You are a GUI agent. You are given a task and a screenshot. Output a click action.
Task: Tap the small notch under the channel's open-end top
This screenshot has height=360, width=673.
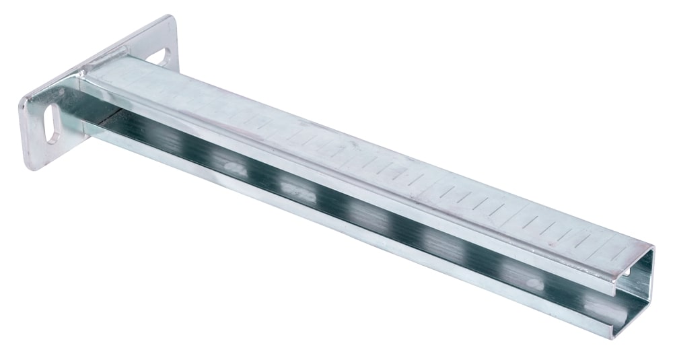click(631, 273)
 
